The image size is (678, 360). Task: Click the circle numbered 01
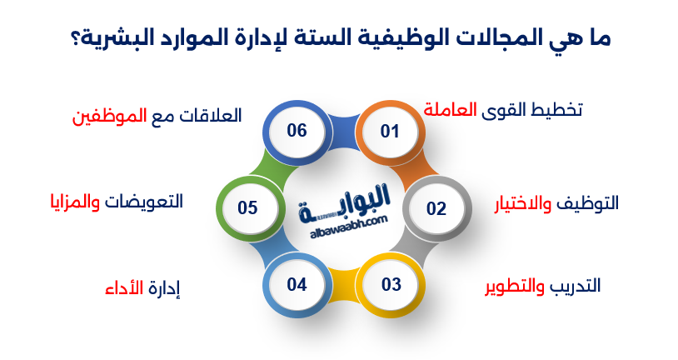[x=390, y=131]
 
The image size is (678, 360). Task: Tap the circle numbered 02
[x=436, y=208]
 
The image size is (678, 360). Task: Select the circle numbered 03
[x=391, y=284]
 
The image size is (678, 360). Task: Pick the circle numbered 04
[x=297, y=284]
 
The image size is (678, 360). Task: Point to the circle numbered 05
[x=247, y=207]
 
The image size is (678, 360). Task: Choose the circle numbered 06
[x=297, y=131]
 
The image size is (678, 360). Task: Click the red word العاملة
[x=451, y=109]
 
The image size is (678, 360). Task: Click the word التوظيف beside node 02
[x=588, y=203]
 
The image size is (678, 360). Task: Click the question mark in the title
[x=72, y=38]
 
